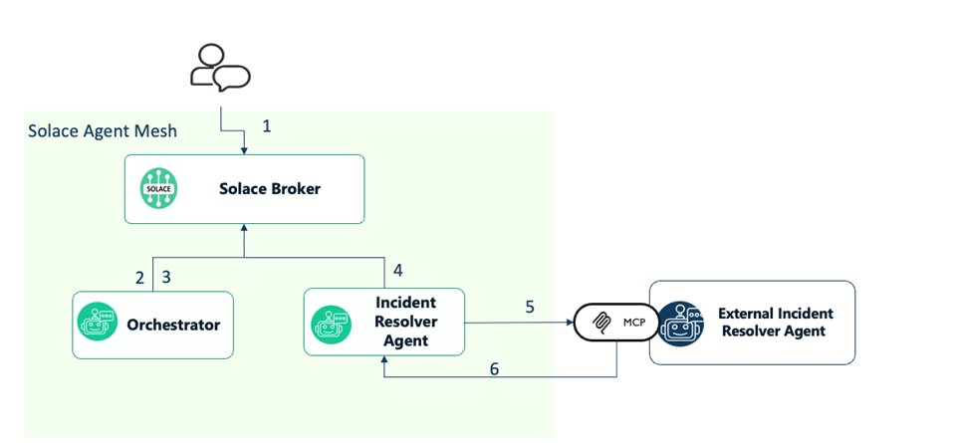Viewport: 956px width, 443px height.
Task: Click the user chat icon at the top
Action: tap(220, 69)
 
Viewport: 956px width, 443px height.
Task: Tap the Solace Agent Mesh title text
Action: tap(103, 131)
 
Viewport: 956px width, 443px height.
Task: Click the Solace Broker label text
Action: tap(269, 188)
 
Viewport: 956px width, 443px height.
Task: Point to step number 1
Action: tap(266, 126)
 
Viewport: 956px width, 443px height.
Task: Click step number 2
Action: tap(140, 277)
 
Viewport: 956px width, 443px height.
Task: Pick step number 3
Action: tap(166, 277)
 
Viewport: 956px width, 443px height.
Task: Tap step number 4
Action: tap(398, 270)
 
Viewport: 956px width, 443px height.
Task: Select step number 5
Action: tap(530, 307)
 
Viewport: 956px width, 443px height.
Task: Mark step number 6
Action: tap(494, 368)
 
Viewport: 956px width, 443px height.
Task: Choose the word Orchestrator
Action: tap(173, 325)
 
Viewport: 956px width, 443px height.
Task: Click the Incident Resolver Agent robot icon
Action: tap(330, 324)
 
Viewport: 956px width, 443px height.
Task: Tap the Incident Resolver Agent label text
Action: tap(405, 321)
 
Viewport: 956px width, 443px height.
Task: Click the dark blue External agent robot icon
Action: tap(680, 323)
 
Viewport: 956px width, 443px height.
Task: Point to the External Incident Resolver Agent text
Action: tap(775, 322)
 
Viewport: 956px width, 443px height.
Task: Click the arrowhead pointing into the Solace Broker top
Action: tap(245, 150)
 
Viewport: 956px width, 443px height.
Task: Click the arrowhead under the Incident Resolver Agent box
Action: tap(383, 360)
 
